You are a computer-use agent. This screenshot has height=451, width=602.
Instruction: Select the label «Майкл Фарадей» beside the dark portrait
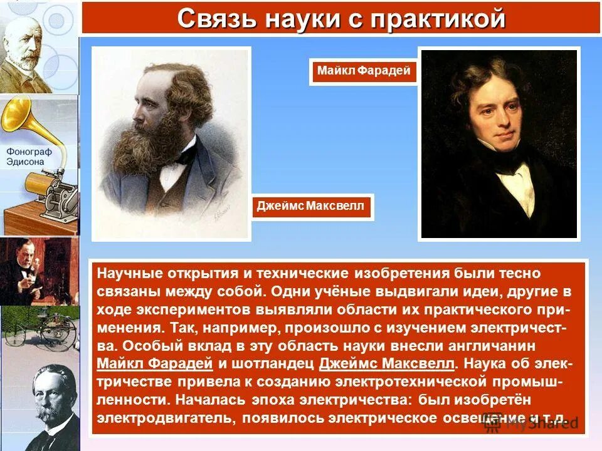click(x=364, y=71)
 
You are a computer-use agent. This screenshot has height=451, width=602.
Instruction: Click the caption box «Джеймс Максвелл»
click(x=310, y=207)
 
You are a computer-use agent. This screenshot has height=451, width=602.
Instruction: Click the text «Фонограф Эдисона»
click(x=29, y=157)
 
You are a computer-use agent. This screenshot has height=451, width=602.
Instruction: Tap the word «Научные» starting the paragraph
click(x=128, y=274)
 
